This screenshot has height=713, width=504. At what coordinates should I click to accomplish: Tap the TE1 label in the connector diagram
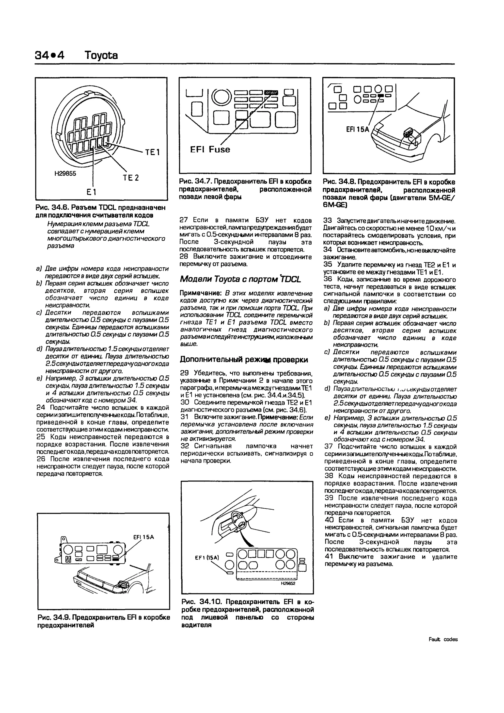click(152, 152)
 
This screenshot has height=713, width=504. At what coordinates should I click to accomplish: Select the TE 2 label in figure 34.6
click(131, 178)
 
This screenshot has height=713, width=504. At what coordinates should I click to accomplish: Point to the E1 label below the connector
click(92, 192)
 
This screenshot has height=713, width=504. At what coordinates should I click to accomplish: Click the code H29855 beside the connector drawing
click(65, 174)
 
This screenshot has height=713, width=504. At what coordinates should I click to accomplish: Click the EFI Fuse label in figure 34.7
click(210, 150)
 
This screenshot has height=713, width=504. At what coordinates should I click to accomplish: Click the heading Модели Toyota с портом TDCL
click(240, 279)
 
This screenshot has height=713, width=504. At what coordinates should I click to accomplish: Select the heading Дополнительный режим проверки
click(244, 360)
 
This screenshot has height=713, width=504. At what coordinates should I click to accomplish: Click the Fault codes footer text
click(443, 639)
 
